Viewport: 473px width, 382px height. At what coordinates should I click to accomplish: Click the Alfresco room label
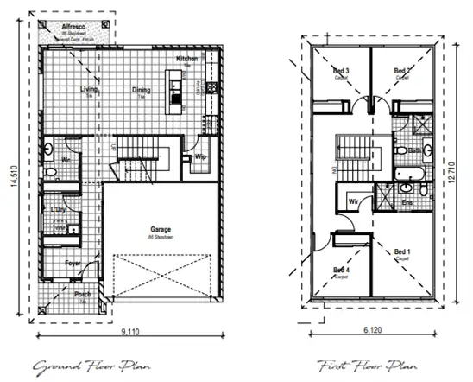[x=71, y=27]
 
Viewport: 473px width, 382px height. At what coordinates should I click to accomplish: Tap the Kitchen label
[x=188, y=59]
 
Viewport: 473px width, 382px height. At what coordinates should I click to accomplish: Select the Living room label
[x=89, y=88]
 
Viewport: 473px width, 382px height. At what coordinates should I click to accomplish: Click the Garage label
[x=161, y=230]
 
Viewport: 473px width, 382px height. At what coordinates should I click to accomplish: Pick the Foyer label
[x=74, y=263]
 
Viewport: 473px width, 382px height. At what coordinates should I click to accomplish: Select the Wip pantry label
[x=199, y=157]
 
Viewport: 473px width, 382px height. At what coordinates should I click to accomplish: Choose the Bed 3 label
[x=341, y=71]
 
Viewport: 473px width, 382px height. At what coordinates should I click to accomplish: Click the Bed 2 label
[x=400, y=71]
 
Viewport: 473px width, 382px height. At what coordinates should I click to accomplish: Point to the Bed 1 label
[x=401, y=252]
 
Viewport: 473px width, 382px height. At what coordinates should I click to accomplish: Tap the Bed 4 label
[x=341, y=270]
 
